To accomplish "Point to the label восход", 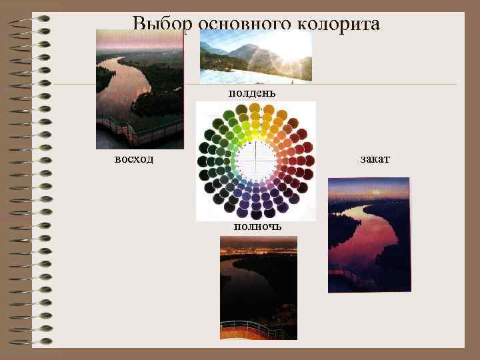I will coord(133,159).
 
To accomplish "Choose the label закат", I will coord(375,159).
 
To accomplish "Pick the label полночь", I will coord(257,227).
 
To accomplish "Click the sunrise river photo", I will coord(139,89).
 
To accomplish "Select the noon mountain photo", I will coord(255,57).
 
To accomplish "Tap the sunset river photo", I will coord(368,235).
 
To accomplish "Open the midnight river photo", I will coord(258,288).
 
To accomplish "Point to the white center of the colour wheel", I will coord(256,161).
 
